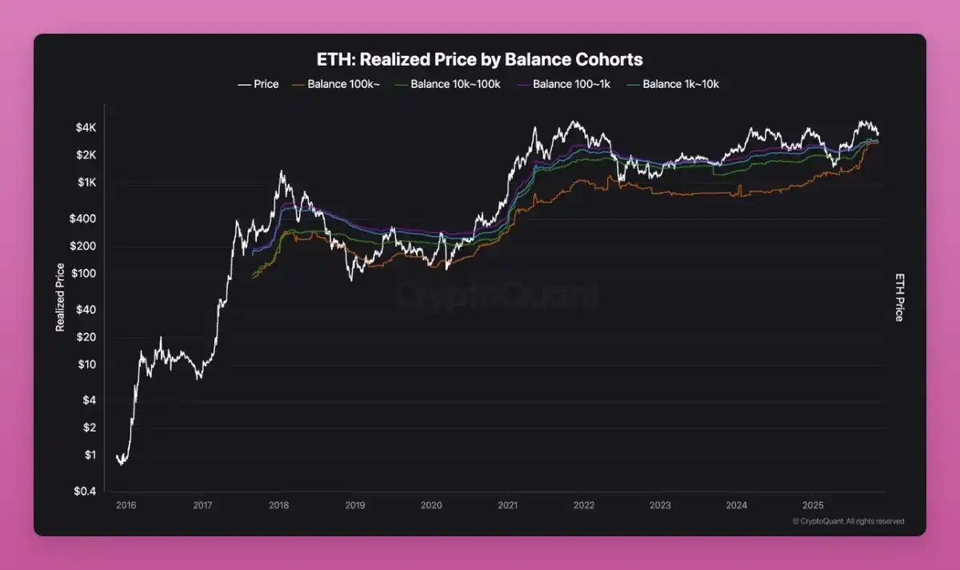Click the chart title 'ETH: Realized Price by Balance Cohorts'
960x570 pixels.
[x=480, y=60]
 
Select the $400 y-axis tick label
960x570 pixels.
[x=82, y=219]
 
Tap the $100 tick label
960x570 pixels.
[x=82, y=274]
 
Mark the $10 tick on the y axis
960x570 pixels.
[x=86, y=365]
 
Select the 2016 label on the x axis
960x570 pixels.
[x=126, y=505]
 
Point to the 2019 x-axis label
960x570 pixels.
[x=355, y=505]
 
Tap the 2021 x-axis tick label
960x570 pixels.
[x=507, y=505]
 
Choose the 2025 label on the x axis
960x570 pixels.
[x=813, y=505]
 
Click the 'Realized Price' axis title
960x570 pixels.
[x=60, y=297]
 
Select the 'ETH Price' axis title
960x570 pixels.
[x=898, y=296]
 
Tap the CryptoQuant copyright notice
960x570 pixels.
[x=848, y=521]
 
